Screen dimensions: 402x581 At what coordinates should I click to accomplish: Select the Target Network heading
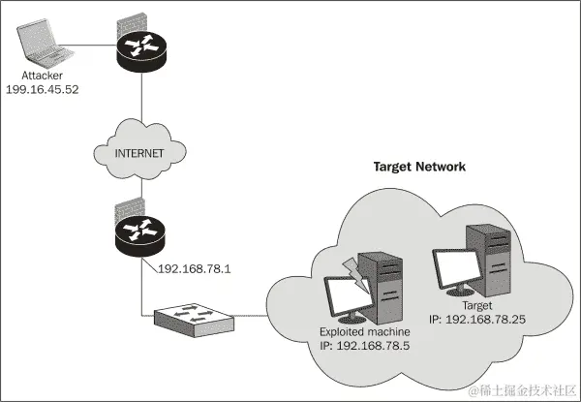click(419, 167)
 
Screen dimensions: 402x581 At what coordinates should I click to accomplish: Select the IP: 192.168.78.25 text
click(476, 317)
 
